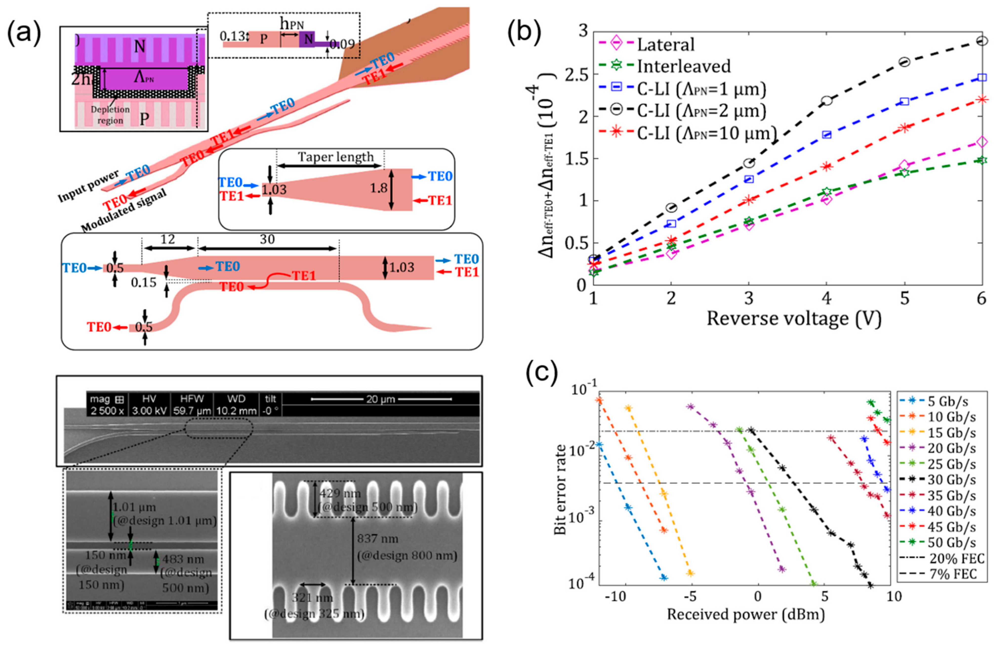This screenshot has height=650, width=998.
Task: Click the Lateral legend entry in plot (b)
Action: coord(666,44)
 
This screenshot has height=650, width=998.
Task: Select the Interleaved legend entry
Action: coord(684,66)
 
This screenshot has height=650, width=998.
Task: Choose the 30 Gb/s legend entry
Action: coord(952,480)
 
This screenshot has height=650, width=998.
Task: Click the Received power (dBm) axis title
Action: coord(746,614)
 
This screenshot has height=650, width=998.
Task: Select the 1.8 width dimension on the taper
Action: coord(378,188)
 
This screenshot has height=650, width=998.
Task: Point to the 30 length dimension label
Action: coord(267,239)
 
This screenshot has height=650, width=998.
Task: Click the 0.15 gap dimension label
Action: coord(143,283)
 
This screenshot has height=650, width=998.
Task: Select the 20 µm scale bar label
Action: coord(380,399)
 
